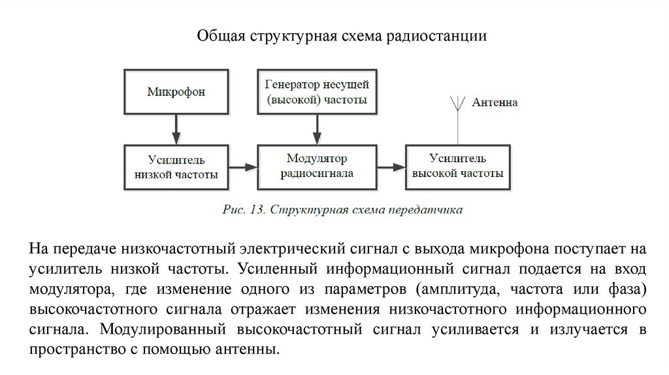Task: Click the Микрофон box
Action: pyautogui.click(x=176, y=92)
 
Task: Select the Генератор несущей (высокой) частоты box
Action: pyautogui.click(x=317, y=92)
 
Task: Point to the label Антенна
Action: pyautogui.click(x=495, y=103)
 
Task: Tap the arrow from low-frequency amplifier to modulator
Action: pyautogui.click(x=244, y=168)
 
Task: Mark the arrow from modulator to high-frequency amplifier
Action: pyautogui.click(x=391, y=168)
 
